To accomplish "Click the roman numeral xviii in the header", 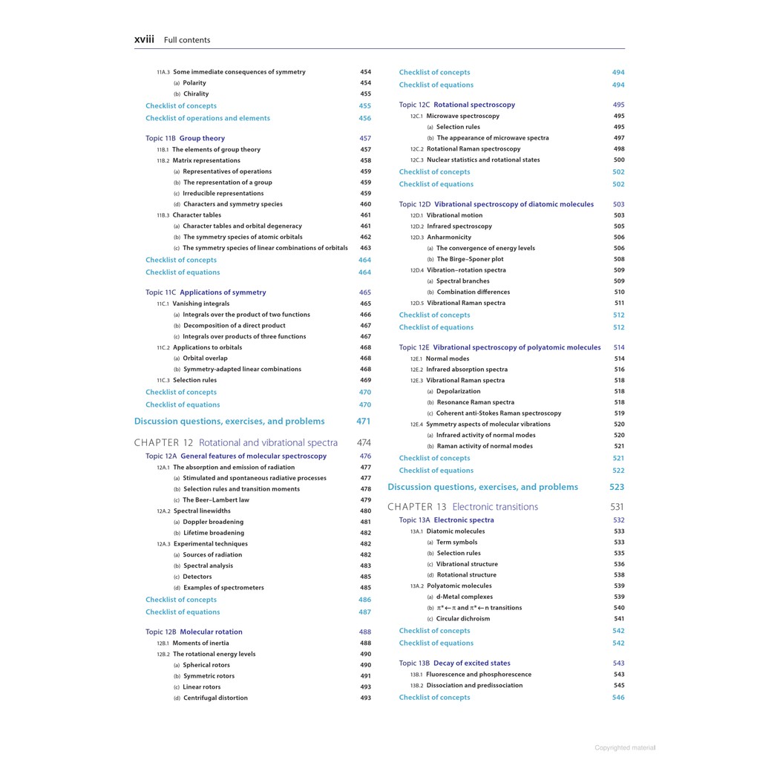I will [x=144, y=39].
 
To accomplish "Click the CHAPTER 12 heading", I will [x=235, y=442].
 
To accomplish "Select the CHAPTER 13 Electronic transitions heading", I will [x=462, y=507].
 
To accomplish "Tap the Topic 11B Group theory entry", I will [x=185, y=138].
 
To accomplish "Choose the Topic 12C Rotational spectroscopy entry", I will [x=456, y=105].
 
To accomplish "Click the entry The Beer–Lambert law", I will [x=216, y=500].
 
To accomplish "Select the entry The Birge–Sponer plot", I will [x=470, y=260].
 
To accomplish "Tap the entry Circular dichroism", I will [x=463, y=619].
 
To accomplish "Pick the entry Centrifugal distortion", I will [x=215, y=698].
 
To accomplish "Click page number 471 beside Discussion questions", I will [x=364, y=422].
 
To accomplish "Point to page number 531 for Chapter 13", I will [x=617, y=507].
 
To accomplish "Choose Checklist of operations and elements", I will [x=208, y=118].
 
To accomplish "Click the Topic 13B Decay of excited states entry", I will [x=454, y=664].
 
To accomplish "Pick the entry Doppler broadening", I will [x=213, y=522].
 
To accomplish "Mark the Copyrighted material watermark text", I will [x=625, y=748].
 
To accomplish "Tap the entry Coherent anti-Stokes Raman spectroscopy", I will [x=499, y=413].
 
